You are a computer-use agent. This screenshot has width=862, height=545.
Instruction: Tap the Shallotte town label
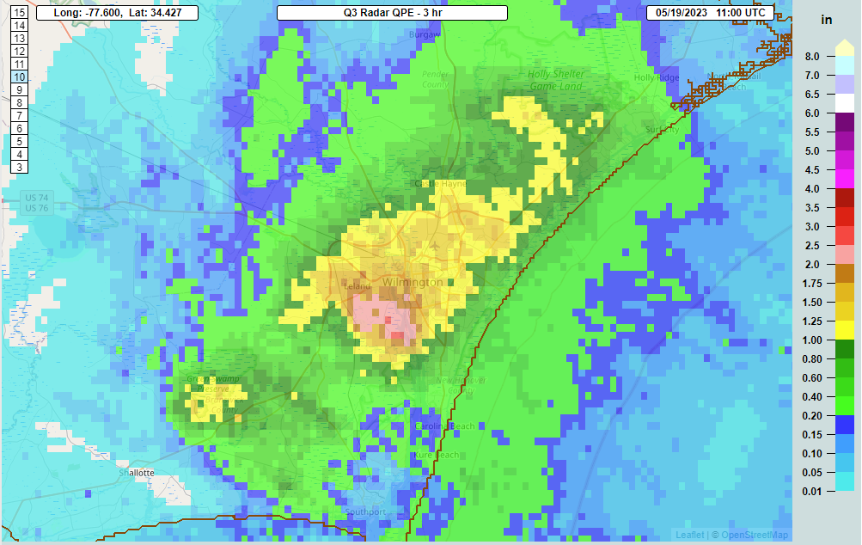click(x=137, y=473)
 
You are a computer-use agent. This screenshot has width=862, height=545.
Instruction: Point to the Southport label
click(x=364, y=512)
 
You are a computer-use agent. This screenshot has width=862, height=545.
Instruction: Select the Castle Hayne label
click(x=439, y=184)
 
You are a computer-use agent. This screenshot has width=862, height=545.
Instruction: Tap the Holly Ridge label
click(x=656, y=77)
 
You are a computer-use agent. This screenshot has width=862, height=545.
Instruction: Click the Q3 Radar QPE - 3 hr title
click(x=392, y=13)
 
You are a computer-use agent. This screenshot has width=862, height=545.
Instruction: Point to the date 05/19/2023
click(x=684, y=13)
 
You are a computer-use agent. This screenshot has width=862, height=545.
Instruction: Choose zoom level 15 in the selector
click(x=20, y=13)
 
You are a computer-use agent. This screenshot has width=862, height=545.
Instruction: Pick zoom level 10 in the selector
click(x=20, y=77)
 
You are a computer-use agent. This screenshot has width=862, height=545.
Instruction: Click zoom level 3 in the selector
click(x=20, y=167)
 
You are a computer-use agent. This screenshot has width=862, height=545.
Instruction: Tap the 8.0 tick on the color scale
click(x=812, y=57)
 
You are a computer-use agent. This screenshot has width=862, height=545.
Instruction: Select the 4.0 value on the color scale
click(x=812, y=189)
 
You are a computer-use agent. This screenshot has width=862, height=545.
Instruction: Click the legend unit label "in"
click(x=826, y=20)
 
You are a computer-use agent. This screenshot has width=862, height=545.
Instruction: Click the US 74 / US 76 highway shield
click(x=37, y=203)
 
